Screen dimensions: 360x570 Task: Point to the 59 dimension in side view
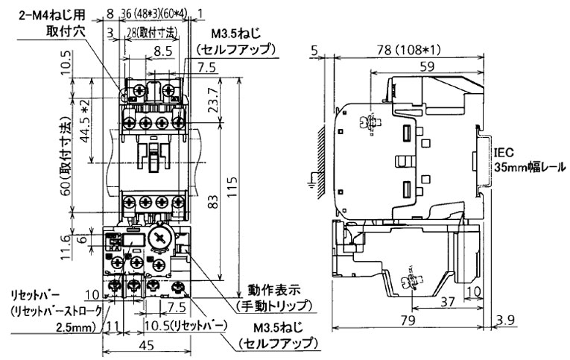point(426,66)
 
